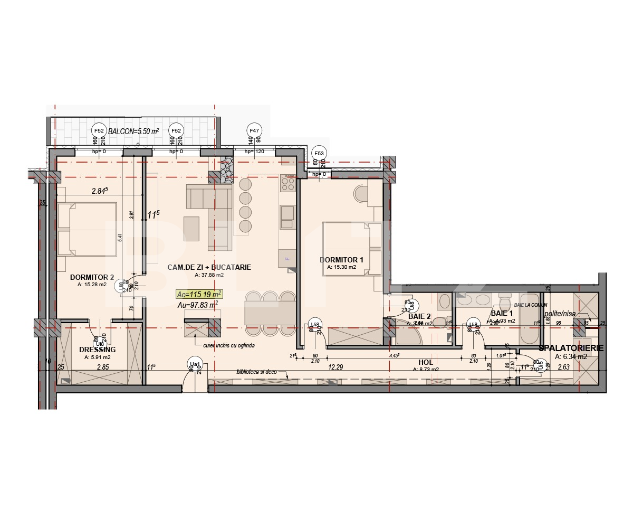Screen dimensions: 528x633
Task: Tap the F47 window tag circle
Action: (254, 130)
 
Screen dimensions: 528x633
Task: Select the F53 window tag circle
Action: (319, 153)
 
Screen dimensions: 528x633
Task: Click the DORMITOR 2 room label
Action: (92, 277)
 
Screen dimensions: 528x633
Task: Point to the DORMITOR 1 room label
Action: (341, 260)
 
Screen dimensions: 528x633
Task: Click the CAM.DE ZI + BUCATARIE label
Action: (209, 268)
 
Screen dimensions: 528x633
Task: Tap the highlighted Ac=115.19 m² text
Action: (199, 294)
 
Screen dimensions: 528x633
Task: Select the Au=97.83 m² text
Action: (198, 305)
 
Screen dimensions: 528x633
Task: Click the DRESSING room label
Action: (97, 350)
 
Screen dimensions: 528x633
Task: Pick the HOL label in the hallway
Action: (425, 363)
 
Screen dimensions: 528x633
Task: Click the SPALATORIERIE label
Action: (571, 348)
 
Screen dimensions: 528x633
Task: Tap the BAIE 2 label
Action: (419, 316)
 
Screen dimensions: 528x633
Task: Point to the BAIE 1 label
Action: (502, 314)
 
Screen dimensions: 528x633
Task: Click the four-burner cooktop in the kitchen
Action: (288, 183)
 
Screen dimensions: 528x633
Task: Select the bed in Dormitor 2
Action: (79, 230)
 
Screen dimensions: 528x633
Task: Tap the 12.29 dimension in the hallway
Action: (336, 367)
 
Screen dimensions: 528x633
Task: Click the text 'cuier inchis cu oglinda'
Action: (232, 345)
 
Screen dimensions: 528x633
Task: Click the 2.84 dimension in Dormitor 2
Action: (99, 191)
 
